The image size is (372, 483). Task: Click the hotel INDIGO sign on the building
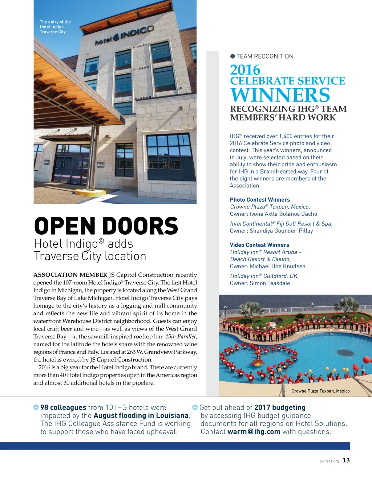pos(124,36)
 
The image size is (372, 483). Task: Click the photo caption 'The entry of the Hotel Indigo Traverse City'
pos(55,27)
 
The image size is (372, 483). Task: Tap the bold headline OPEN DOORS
pos(106,226)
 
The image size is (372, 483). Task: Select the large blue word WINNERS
pos(280,95)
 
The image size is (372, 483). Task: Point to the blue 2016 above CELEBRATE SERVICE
pos(245,70)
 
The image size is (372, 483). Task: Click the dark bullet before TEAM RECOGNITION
pos(232,56)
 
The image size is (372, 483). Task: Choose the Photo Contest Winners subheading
pos(260,200)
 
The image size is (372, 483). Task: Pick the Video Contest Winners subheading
pos(259,245)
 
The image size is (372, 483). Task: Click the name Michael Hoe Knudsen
pos(278,266)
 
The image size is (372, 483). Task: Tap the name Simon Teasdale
pos(270,283)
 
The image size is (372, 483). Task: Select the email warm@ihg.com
pos(254,432)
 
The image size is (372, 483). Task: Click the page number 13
pos(346,460)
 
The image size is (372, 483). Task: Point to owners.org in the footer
pos(329,461)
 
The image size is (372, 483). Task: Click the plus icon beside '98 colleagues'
pos(36,407)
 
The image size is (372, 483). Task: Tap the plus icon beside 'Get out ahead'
pos(195,407)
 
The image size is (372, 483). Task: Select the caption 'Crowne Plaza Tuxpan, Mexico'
pos(320,391)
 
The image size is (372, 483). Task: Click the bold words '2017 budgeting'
pos(280,407)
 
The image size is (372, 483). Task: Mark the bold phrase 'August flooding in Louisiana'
pos(141,415)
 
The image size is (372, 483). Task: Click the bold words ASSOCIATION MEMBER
pos(70,275)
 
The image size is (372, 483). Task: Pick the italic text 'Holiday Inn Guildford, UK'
pos(264,276)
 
